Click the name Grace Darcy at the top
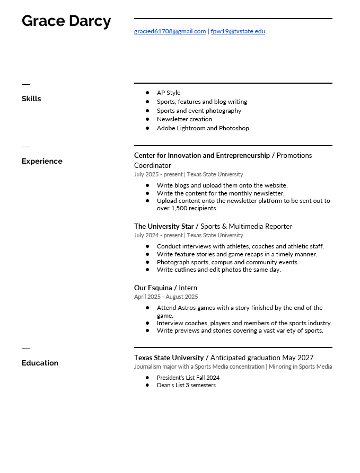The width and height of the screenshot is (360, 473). pyautogui.click(x=66, y=21)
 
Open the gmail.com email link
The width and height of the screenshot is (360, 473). pyautogui.click(x=170, y=31)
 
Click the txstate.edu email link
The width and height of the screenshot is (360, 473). pyautogui.click(x=238, y=31)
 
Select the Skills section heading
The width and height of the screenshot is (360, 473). pyautogui.click(x=31, y=99)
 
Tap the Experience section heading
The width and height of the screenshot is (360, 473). pyautogui.click(x=42, y=161)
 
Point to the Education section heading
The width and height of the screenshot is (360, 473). pyautogui.click(x=40, y=363)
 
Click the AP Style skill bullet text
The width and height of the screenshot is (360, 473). pyautogui.click(x=169, y=93)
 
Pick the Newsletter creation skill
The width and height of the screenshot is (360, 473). pyautogui.click(x=185, y=119)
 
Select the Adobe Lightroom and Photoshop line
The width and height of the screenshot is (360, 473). pyautogui.click(x=203, y=128)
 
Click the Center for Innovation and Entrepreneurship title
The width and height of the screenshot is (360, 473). pyautogui.click(x=201, y=155)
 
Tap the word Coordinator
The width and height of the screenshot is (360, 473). pyautogui.click(x=153, y=165)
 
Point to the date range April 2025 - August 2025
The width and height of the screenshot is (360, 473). pyautogui.click(x=166, y=297)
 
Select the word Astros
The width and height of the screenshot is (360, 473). pyautogui.click(x=188, y=308)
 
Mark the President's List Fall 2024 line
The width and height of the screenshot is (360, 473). pyautogui.click(x=188, y=378)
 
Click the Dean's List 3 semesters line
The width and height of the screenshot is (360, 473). pyautogui.click(x=186, y=385)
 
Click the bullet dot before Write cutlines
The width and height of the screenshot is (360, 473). pyautogui.click(x=147, y=270)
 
